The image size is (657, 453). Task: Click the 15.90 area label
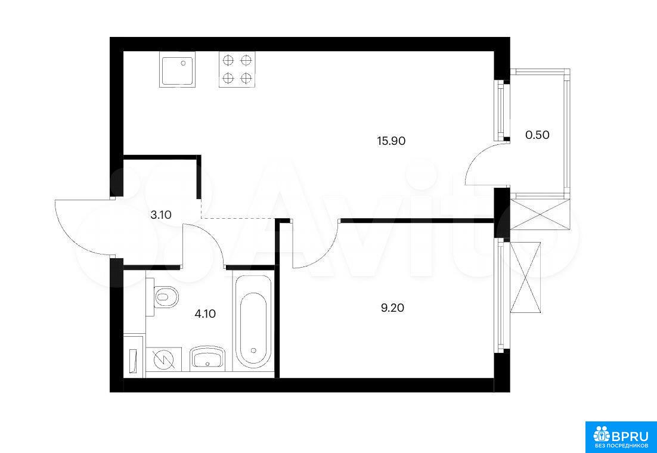pos(391,141)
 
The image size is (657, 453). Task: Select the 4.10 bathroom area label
pos(205,314)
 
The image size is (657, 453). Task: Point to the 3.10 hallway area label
pos(162,215)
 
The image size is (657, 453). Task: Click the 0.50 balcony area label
pos(537,135)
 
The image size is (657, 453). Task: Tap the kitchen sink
pos(177,69)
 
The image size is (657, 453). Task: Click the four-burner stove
pos(237,70)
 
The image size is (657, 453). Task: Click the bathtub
pos(253,322)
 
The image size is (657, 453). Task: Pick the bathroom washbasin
pos(208,358)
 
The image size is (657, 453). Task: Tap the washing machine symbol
pos(163,359)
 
